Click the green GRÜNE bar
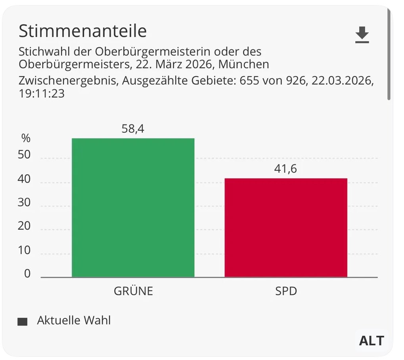[x=133, y=207]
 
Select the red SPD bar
[x=286, y=227]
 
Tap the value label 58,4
[x=133, y=129]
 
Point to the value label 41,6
[x=285, y=169]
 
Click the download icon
[x=362, y=35]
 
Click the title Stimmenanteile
[x=83, y=31]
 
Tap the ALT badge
[x=371, y=340]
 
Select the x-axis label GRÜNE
[x=133, y=291]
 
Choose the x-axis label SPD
[x=286, y=291]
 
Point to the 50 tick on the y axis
[x=24, y=155]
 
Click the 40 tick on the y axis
[x=24, y=179]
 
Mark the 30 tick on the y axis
[x=24, y=203]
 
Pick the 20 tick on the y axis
[x=24, y=226]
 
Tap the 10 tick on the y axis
[x=24, y=250]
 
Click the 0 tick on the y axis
[x=27, y=274]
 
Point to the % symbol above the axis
[x=26, y=139]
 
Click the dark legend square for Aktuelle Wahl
[x=23, y=322]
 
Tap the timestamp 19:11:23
[x=42, y=94]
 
